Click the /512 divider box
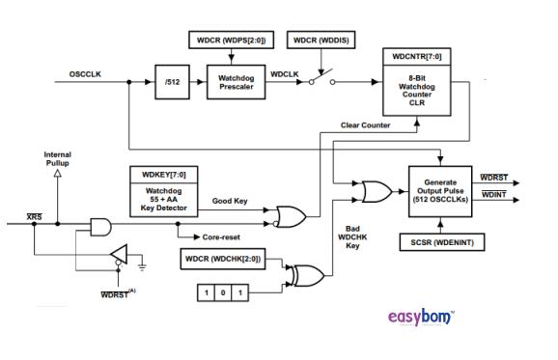click(x=173, y=83)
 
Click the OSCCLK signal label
click(x=88, y=74)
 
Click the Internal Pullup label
click(x=57, y=159)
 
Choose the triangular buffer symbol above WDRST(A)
click(x=120, y=255)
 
